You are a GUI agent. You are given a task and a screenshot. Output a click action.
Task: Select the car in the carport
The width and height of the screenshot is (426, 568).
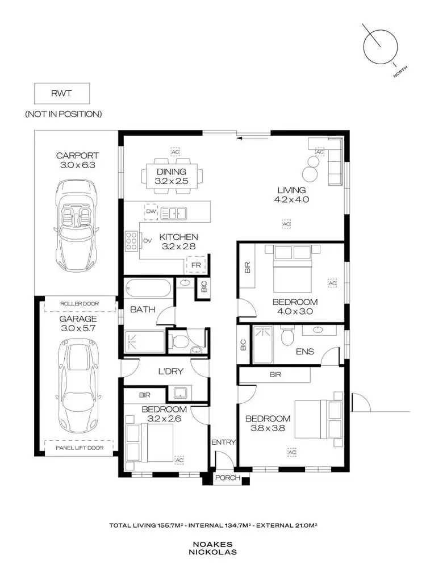[76, 224]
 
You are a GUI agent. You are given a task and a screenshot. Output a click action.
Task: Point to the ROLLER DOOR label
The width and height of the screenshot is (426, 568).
[79, 304]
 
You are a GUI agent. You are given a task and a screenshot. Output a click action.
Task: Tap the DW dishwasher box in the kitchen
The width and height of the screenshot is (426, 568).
[151, 211]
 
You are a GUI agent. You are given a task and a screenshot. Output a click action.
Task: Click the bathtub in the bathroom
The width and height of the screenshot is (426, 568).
[148, 289]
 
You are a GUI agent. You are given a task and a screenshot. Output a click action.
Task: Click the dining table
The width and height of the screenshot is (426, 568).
[173, 174]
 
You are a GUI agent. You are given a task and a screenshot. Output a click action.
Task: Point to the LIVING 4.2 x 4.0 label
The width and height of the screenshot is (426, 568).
[291, 195]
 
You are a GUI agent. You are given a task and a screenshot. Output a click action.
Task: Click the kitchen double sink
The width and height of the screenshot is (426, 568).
[174, 213]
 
